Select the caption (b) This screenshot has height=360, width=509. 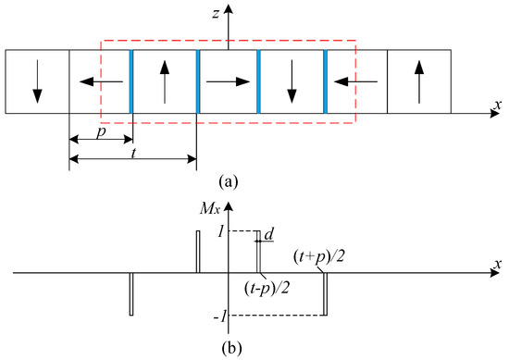pyautogui.click(x=227, y=349)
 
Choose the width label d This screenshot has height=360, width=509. pyautogui.click(x=269, y=235)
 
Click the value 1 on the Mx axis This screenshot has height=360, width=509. pyautogui.click(x=221, y=230)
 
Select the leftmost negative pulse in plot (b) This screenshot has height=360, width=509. pyautogui.click(x=131, y=294)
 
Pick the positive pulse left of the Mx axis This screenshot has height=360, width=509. pyautogui.click(x=197, y=252)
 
